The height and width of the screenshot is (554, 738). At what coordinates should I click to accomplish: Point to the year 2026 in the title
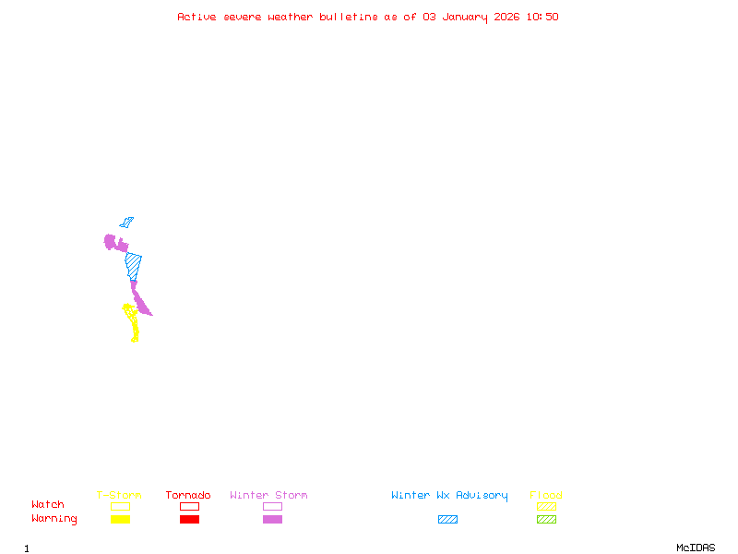tap(506, 17)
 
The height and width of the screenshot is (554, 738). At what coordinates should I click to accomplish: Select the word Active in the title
tap(196, 17)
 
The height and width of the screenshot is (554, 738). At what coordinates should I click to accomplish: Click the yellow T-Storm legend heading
tap(119, 496)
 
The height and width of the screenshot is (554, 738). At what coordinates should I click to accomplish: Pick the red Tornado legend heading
tap(188, 496)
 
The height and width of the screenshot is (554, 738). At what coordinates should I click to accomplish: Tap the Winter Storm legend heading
tap(268, 496)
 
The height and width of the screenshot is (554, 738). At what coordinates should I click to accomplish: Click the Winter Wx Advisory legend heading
tap(449, 496)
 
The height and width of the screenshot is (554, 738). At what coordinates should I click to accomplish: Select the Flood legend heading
tap(546, 496)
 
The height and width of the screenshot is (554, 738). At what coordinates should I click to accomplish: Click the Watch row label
tap(48, 505)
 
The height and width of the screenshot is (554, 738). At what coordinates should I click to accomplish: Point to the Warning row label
tap(54, 519)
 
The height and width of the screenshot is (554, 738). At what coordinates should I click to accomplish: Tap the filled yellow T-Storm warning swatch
tap(120, 520)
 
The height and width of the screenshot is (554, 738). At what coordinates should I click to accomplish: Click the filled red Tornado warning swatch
tap(189, 520)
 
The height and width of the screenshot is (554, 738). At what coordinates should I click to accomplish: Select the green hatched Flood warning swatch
tap(546, 520)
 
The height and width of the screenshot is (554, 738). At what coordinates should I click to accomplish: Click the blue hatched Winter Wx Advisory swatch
tap(447, 520)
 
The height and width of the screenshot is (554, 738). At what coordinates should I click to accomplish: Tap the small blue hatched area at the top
tap(126, 223)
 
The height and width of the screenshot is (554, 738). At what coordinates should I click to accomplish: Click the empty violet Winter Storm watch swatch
tap(272, 506)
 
